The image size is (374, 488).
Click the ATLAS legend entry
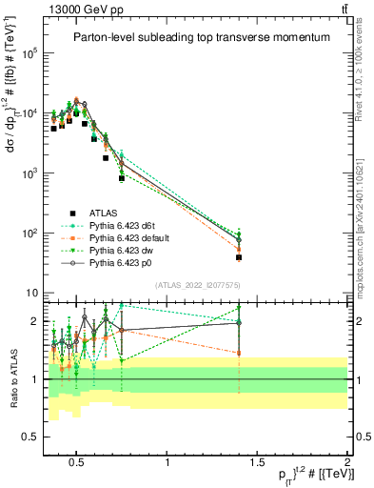coord(102,213)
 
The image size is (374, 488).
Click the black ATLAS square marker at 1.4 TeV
coord(239,257)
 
